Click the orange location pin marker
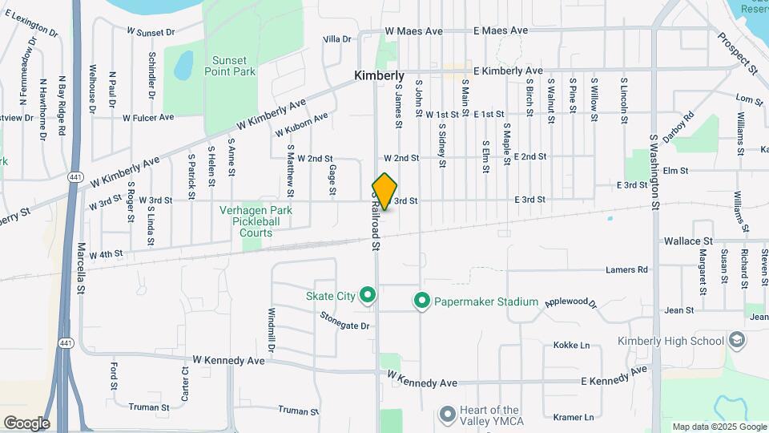click(385, 192)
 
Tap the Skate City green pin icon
click(368, 296)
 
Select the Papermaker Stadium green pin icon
click(422, 301)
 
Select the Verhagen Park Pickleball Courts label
click(256, 221)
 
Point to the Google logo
click(26, 423)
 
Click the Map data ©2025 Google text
click(718, 427)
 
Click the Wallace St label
click(688, 241)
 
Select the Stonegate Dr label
click(344, 326)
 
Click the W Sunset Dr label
click(151, 33)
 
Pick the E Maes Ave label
click(501, 30)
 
